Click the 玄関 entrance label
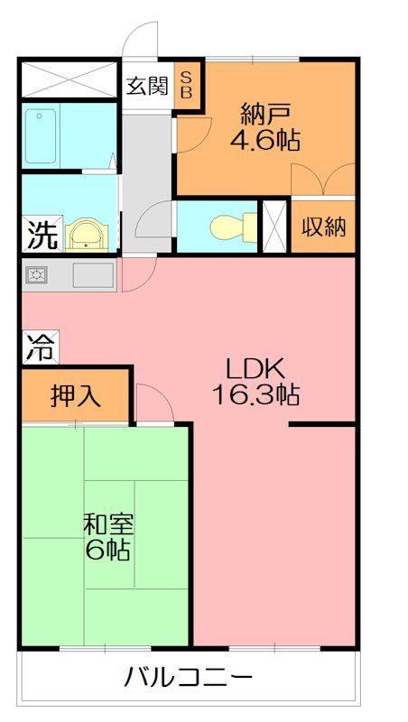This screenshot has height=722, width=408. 147,87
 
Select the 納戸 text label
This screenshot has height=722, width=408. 264,115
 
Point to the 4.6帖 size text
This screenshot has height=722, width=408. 264,141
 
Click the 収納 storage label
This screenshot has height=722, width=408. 323,227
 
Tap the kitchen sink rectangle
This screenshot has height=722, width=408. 93,274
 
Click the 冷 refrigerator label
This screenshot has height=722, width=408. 38,348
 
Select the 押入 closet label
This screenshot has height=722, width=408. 76,395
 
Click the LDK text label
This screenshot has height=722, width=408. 255,368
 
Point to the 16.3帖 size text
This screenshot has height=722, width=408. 255,394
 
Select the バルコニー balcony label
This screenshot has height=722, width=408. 189,676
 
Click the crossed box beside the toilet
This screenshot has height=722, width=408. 274,225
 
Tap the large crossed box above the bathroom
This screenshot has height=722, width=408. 70,79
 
